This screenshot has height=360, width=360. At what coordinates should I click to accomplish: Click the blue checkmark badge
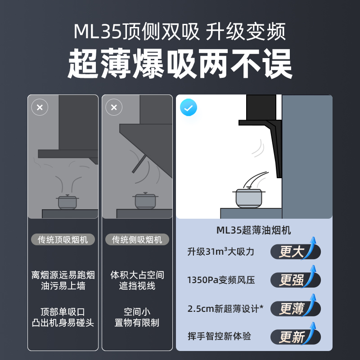(189, 108)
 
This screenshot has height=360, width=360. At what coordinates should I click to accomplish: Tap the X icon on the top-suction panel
(40, 108)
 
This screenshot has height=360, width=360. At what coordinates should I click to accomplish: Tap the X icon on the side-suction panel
(113, 108)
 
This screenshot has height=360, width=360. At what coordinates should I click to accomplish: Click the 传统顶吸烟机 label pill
(63, 239)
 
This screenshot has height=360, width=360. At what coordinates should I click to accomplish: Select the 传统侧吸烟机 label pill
(137, 239)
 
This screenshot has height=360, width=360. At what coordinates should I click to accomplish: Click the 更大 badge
(295, 252)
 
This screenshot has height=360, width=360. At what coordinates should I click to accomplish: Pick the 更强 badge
(295, 280)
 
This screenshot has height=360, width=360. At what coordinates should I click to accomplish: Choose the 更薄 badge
(295, 308)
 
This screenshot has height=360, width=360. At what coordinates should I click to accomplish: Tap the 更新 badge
(295, 337)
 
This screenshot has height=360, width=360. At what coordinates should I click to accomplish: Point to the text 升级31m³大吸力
(221, 252)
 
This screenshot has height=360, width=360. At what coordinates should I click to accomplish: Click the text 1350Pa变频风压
(221, 280)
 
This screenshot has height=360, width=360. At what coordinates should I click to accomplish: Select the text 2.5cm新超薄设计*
(225, 309)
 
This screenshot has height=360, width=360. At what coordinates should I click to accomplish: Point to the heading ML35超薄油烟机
(254, 230)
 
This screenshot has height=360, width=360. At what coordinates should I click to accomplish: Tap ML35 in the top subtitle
(95, 32)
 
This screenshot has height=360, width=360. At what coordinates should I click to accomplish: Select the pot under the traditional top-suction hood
(67, 202)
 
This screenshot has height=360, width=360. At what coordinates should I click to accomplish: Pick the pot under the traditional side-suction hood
(145, 201)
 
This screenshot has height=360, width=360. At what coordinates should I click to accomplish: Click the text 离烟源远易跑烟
(63, 274)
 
